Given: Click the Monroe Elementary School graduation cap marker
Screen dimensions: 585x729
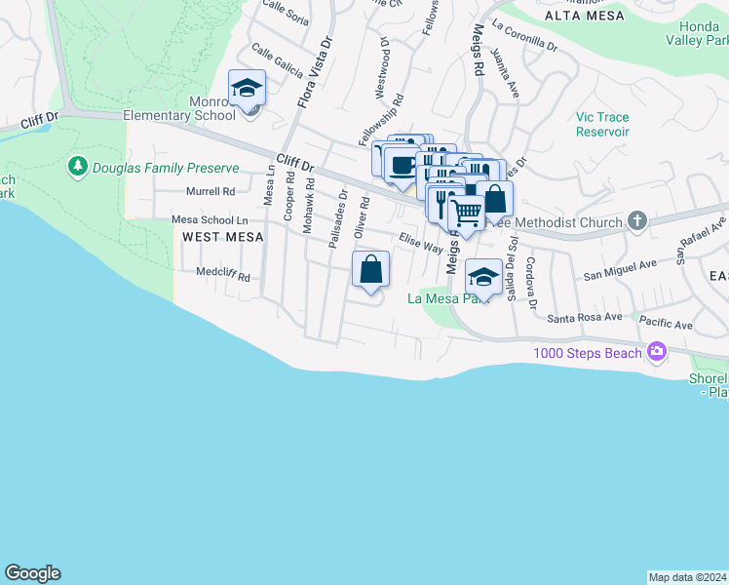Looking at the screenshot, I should point(248,90).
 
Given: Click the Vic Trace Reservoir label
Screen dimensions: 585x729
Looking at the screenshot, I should point(602,124).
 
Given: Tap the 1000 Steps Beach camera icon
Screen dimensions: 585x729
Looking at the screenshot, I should point(657,351).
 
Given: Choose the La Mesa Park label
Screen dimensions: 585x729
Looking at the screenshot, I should point(446,298).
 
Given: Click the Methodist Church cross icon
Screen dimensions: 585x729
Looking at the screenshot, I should point(637,220).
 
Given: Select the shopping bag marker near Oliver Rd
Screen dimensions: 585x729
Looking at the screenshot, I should point(371,269).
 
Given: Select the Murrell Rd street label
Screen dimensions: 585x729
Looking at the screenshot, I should point(211,192).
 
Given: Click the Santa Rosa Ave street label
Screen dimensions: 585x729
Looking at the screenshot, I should point(585,317).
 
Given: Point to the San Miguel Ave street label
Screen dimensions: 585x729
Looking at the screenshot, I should point(620,270).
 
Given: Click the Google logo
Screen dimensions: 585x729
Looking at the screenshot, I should point(32,573).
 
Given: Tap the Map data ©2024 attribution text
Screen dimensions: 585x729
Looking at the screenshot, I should point(687,577).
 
